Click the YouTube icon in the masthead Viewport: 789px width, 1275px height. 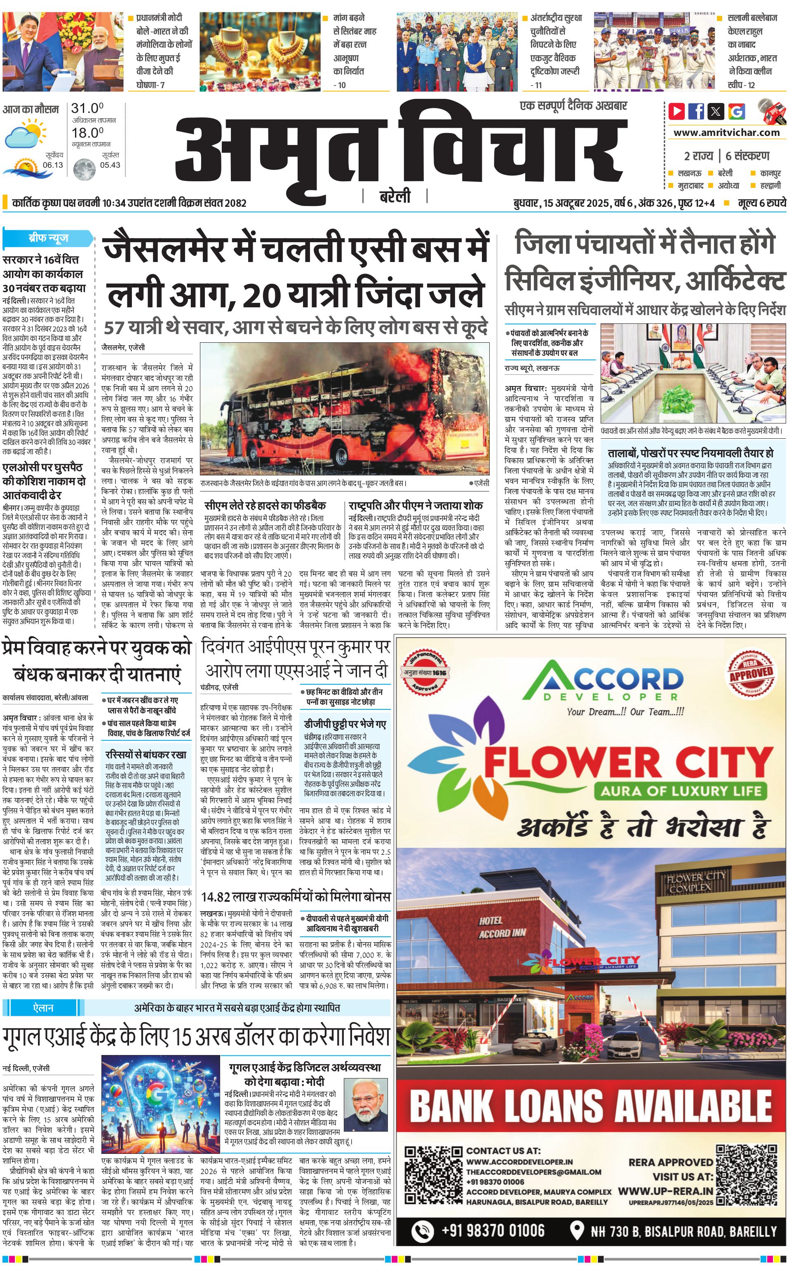[x=677, y=111]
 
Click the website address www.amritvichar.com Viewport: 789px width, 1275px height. [x=726, y=133]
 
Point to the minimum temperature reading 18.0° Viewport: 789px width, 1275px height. [x=87, y=133]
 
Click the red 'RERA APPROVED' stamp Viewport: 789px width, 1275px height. [x=751, y=673]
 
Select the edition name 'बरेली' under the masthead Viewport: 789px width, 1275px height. [x=394, y=197]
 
